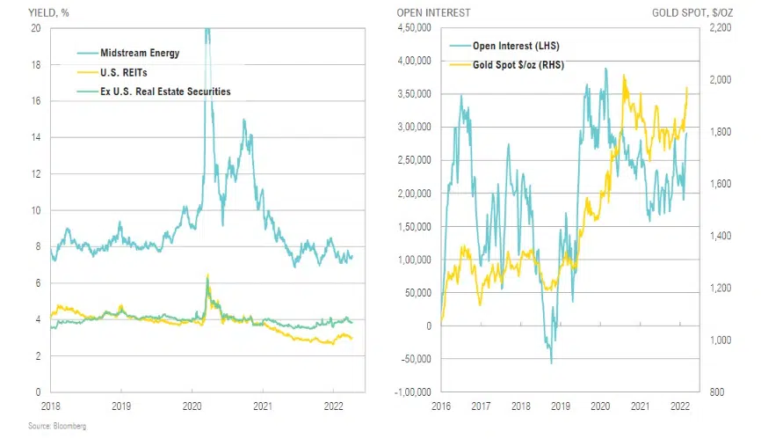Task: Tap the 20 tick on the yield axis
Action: tap(35, 28)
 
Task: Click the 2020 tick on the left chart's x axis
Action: tap(193, 406)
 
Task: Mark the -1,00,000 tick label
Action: tap(409, 391)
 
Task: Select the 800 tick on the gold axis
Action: tap(715, 391)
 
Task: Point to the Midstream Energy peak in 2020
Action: tap(207, 31)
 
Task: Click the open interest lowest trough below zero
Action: tap(551, 362)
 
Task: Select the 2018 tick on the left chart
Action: tap(50, 406)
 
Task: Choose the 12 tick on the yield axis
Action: tap(35, 174)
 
